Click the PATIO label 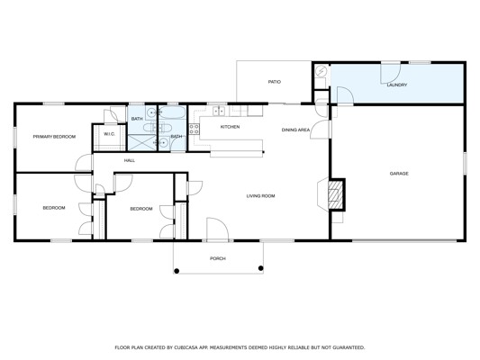(x=275, y=82)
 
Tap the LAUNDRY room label (x=397, y=85)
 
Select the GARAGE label (x=399, y=174)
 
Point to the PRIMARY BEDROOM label (x=54, y=137)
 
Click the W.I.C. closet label (x=109, y=134)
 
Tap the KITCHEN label (x=230, y=127)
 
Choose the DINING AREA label (x=295, y=130)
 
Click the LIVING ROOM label (x=260, y=196)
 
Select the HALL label (x=130, y=160)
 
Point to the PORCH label (x=218, y=259)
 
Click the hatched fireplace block (x=336, y=194)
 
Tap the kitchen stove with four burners (x=195, y=129)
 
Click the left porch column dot (x=177, y=271)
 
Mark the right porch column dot (x=261, y=268)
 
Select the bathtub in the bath (x=172, y=112)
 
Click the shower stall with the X (x=141, y=142)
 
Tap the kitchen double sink (x=219, y=111)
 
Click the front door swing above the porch (x=218, y=229)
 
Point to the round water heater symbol (x=322, y=71)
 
